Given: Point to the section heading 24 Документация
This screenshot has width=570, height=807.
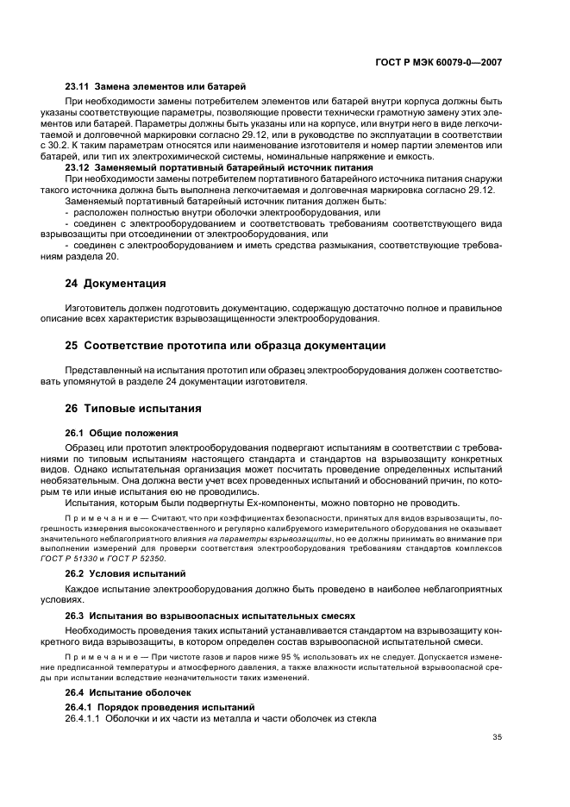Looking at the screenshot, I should (116, 283).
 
